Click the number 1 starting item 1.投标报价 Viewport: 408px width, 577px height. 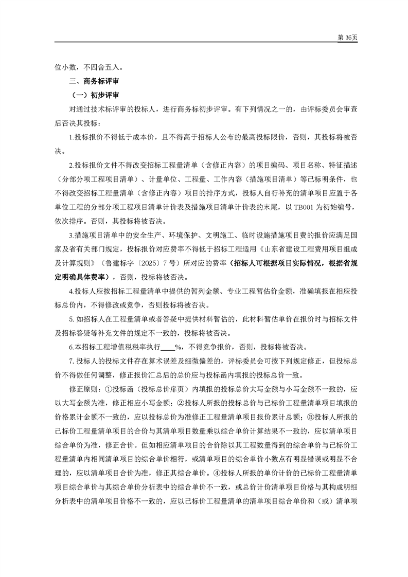(x=70, y=137)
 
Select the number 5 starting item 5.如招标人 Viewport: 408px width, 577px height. (x=70, y=318)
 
